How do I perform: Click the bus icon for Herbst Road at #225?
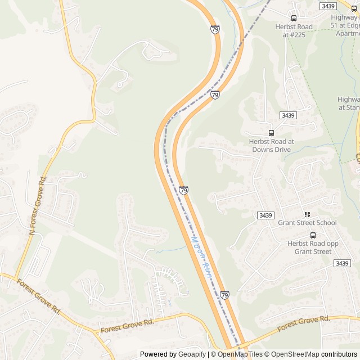294,18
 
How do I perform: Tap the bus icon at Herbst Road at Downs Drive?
271,133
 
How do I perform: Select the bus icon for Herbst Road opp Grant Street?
313,235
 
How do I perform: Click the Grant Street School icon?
307,214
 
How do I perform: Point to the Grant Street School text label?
307,223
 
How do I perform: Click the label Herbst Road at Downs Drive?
271,146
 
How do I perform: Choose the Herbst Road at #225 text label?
294,30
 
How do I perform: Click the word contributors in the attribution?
339,354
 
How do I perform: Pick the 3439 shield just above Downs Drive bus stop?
287,115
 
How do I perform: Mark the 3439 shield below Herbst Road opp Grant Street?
341,263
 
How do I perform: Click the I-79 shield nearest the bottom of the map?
224,295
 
